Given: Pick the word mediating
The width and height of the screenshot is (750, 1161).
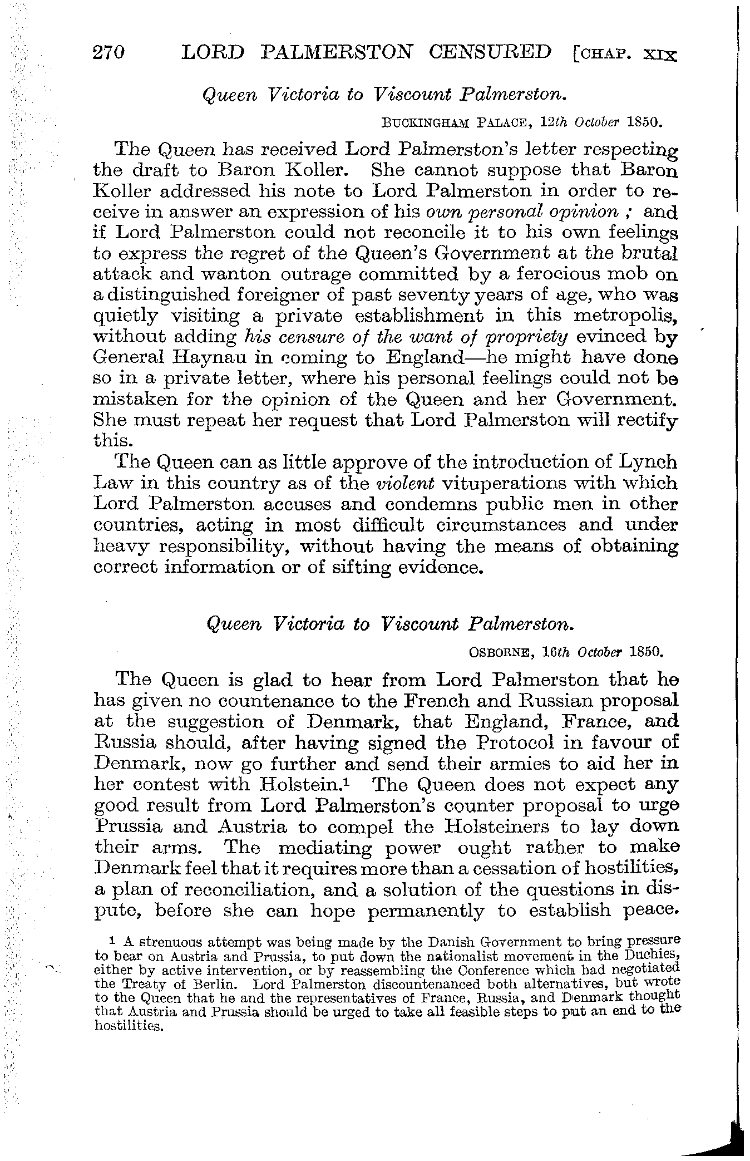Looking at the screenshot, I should coord(324,848).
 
